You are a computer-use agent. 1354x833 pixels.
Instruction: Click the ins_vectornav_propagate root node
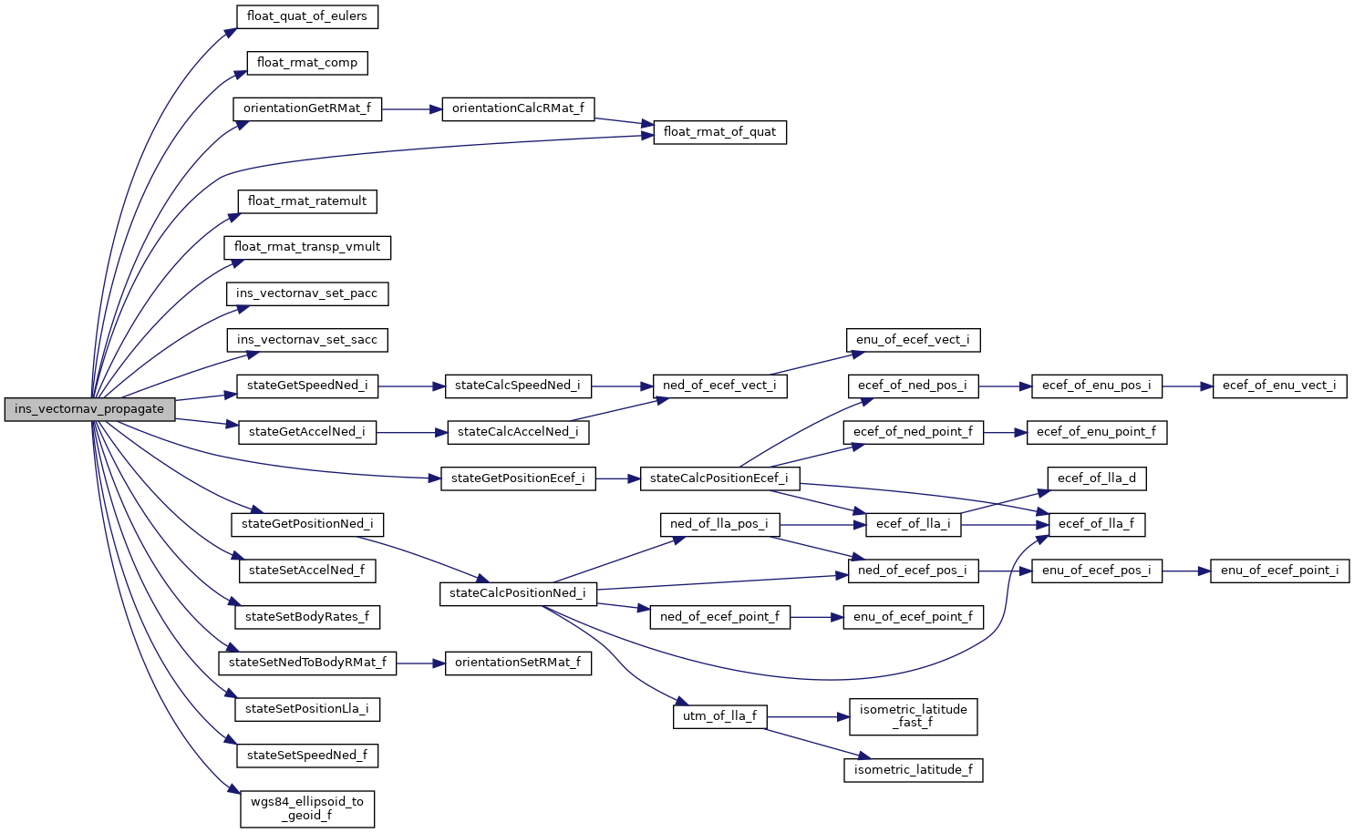click(x=88, y=409)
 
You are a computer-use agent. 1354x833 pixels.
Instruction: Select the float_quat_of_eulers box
click(x=306, y=16)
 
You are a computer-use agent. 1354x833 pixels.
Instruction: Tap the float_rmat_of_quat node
click(x=719, y=132)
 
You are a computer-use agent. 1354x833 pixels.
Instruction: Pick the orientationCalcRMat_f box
click(x=518, y=108)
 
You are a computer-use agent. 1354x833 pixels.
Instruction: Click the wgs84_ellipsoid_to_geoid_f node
click(x=307, y=808)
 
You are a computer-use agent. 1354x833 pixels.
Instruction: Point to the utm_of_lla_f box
click(x=719, y=716)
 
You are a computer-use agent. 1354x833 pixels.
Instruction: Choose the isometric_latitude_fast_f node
click(x=913, y=716)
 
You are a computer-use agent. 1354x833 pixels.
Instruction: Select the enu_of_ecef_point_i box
click(x=1279, y=571)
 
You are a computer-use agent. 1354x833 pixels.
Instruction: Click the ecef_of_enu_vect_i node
click(x=1279, y=386)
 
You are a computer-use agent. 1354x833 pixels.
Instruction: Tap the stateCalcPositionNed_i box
click(x=518, y=593)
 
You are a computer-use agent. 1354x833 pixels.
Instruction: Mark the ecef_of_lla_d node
click(x=1096, y=478)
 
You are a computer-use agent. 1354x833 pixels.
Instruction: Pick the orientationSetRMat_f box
click(x=517, y=663)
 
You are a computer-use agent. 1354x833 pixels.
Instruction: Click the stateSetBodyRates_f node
click(x=307, y=617)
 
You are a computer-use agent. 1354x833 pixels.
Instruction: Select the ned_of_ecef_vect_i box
click(x=719, y=386)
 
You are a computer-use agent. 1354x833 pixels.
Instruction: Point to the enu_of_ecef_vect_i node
click(x=913, y=340)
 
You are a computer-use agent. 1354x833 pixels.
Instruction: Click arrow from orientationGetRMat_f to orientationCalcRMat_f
click(x=411, y=109)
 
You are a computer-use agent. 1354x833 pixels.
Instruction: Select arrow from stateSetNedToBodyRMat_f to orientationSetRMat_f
click(x=420, y=663)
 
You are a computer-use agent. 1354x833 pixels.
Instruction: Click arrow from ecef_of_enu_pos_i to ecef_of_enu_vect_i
click(x=1186, y=386)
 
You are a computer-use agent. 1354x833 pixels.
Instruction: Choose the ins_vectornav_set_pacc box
click(x=306, y=293)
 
